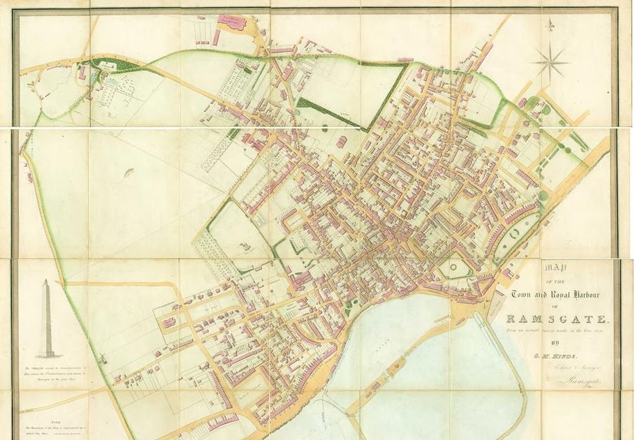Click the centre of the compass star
click(549, 61)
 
